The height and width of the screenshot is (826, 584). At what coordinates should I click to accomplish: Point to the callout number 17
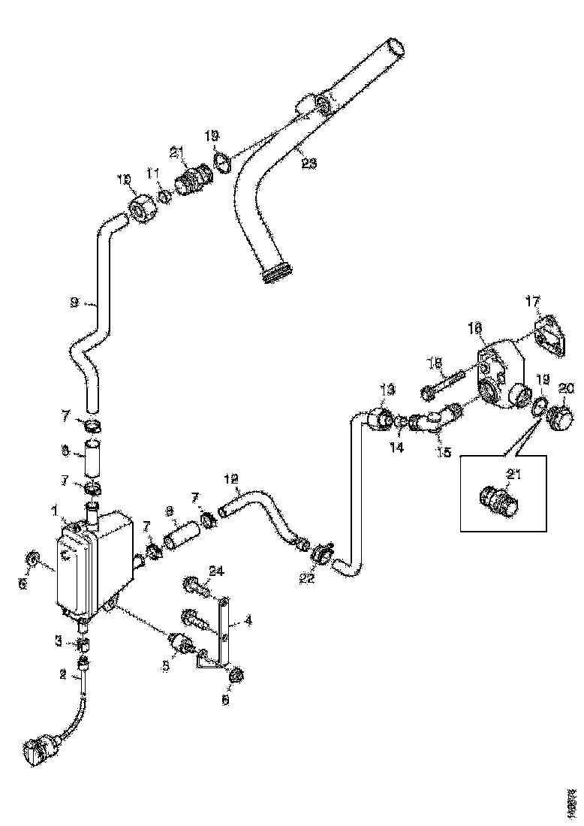pyautogui.click(x=532, y=303)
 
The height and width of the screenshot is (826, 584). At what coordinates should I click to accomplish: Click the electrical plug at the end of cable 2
pyautogui.click(x=38, y=750)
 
